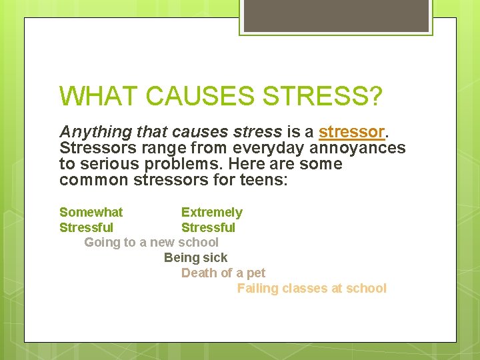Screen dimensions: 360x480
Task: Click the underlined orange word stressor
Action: click(351, 131)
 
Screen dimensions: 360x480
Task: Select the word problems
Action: click(189, 164)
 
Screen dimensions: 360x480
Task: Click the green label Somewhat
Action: click(91, 212)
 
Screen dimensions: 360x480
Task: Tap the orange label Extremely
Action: click(212, 212)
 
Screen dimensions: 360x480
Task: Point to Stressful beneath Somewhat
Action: click(86, 227)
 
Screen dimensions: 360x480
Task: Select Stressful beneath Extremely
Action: click(208, 227)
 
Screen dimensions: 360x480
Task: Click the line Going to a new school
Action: click(151, 242)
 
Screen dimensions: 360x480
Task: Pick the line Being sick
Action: click(195, 257)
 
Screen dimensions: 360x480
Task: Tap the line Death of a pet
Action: click(223, 273)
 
